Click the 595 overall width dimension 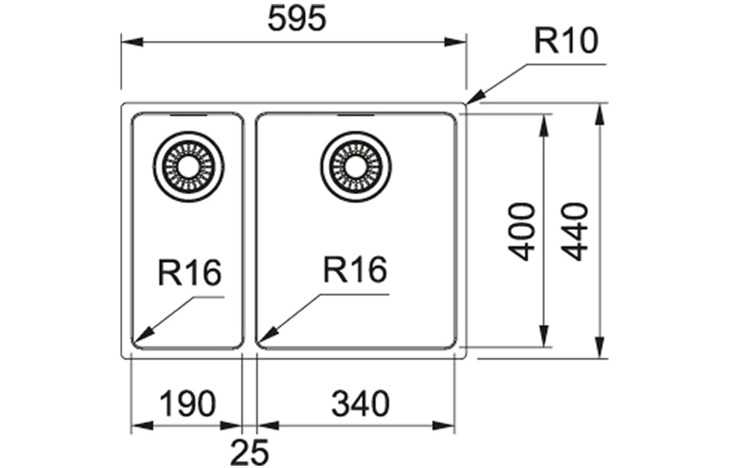click(297, 19)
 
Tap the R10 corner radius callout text click(566, 40)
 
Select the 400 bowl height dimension click(521, 231)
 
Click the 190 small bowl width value click(188, 404)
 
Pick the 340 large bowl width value click(361, 404)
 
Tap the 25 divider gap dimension click(249, 453)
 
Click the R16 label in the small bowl click(190, 273)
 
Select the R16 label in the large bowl click(355, 269)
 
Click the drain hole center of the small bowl click(189, 167)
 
